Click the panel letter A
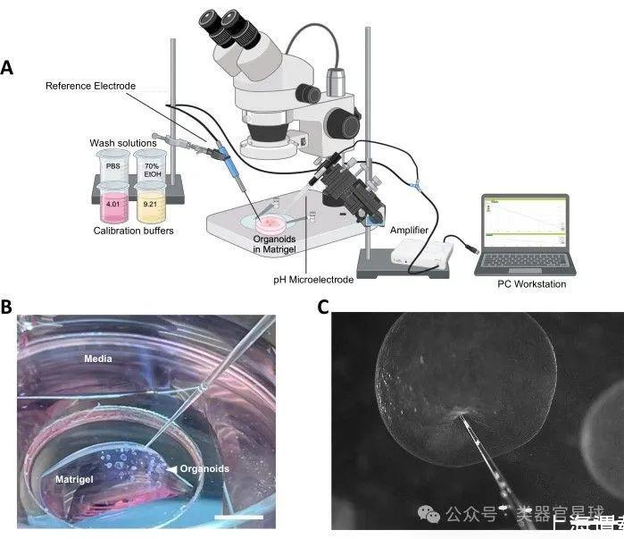(x=8, y=67)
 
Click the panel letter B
(x=7, y=307)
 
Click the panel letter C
(x=323, y=307)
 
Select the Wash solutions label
(x=123, y=143)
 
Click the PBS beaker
(x=112, y=169)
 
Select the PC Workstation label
(x=531, y=284)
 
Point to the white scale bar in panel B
(x=238, y=517)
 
